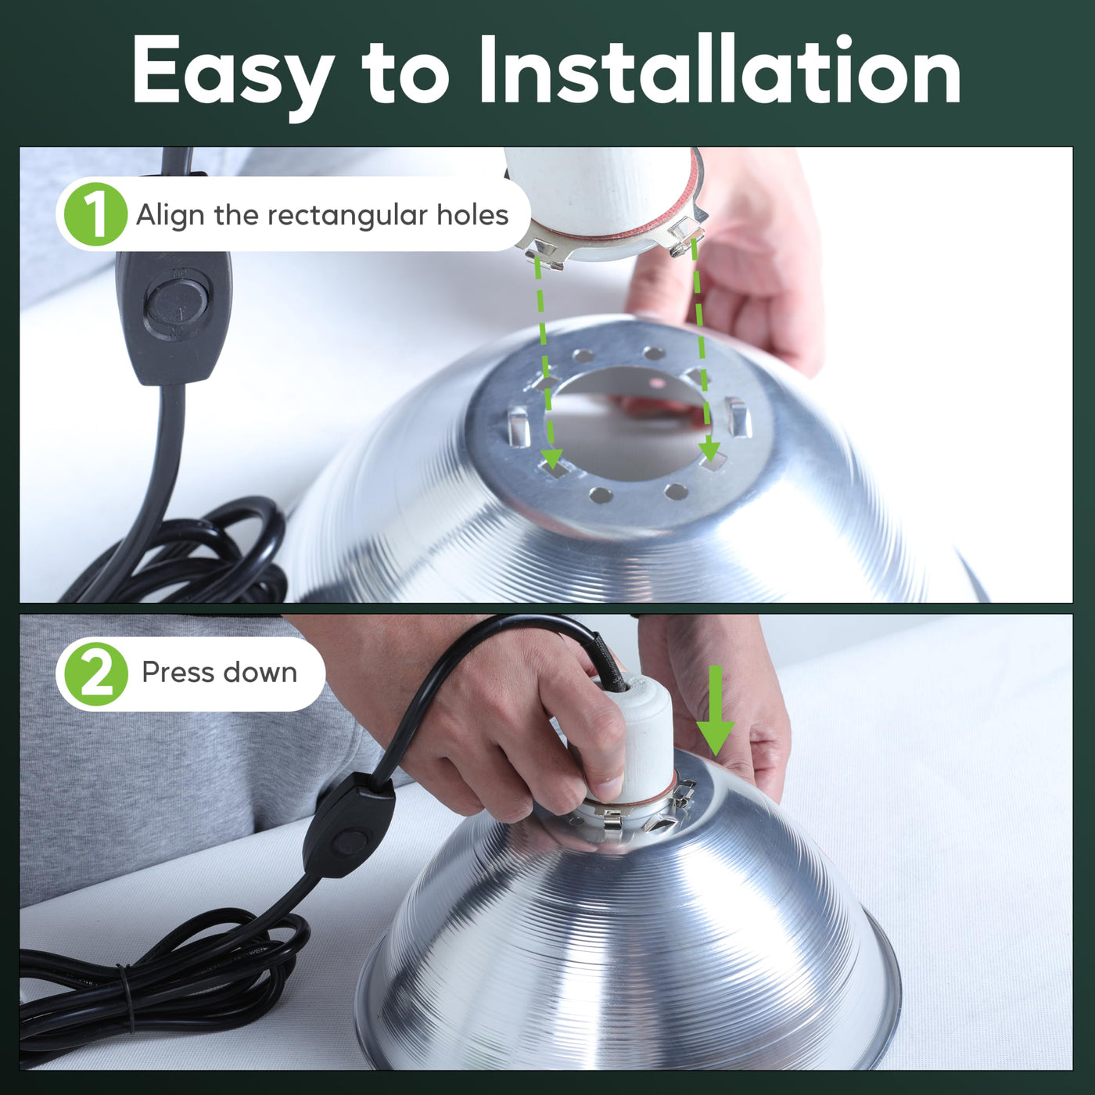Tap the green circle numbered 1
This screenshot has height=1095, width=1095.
point(95,214)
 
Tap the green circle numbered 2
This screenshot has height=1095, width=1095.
point(95,674)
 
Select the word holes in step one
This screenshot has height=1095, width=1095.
point(472,215)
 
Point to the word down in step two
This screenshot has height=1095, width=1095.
point(260,672)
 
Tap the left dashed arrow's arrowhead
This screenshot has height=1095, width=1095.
point(551,458)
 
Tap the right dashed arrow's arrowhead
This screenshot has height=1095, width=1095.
point(709,451)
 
